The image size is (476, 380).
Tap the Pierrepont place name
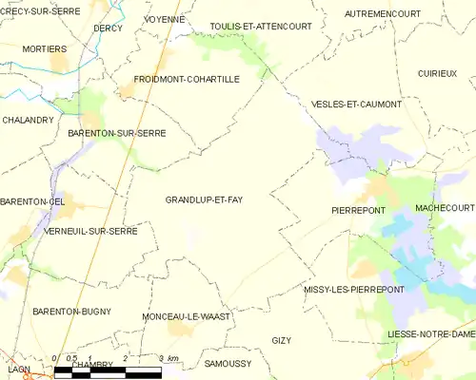358,210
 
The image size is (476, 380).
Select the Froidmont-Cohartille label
187,80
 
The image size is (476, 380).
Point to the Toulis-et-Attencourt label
260,27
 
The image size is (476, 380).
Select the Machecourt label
445,207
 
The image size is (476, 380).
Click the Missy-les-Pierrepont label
354,289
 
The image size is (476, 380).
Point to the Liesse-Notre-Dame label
430,334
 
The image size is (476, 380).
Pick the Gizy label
281,340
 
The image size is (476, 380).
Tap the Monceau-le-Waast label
186,315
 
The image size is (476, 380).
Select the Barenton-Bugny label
71,312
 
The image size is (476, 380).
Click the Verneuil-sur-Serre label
90,231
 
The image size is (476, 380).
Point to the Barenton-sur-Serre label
117,134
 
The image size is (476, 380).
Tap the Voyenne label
164,19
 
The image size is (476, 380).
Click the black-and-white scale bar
108,370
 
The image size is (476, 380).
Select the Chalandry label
27,120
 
